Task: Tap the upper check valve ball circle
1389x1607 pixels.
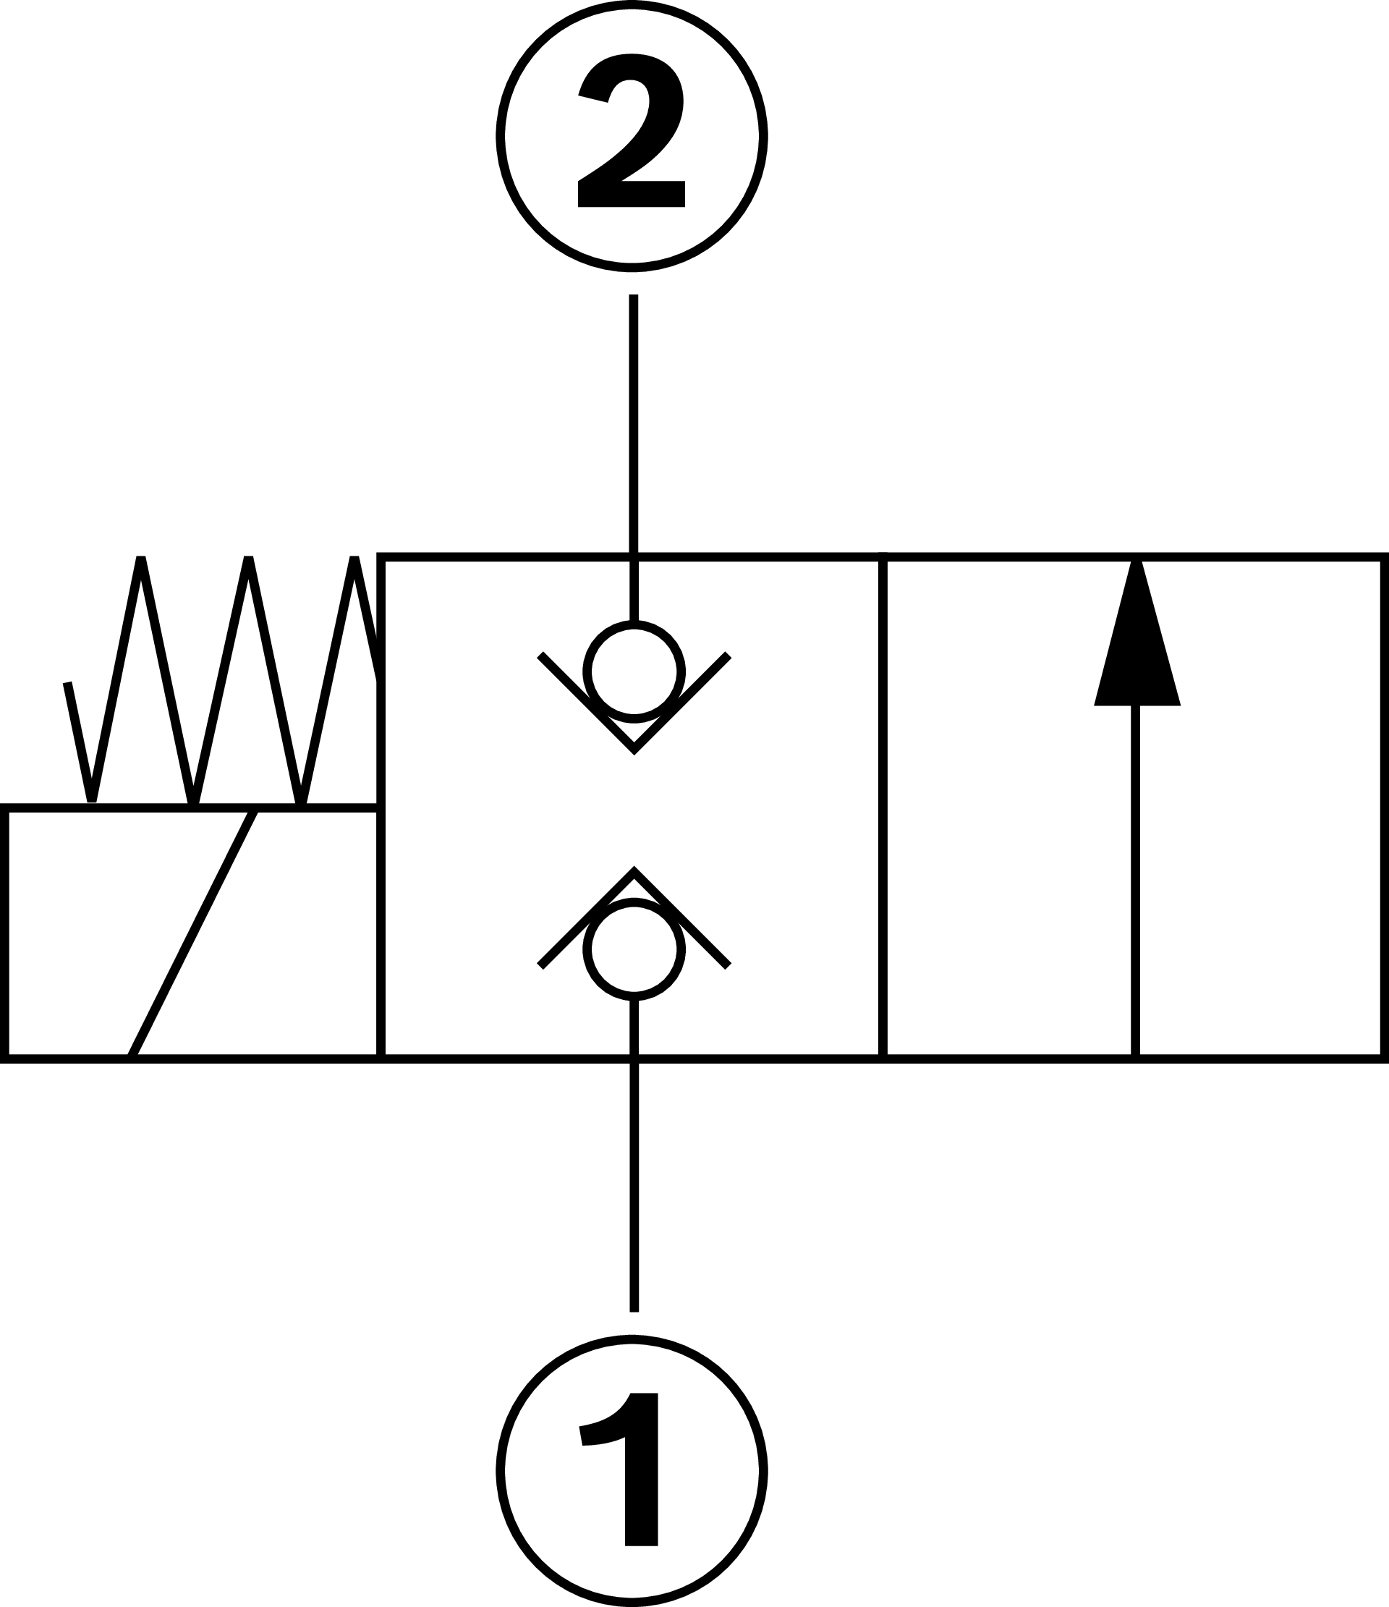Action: coord(634,671)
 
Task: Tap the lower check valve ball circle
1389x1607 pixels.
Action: coord(634,949)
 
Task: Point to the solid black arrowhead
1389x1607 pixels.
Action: coord(1137,651)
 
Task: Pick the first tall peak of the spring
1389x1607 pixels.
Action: coord(140,560)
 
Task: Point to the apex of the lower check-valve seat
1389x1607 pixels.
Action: coord(634,871)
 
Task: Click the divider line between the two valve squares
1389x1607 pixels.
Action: coord(883,807)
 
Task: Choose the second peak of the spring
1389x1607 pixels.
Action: coord(248,560)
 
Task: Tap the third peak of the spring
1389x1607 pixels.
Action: coord(354,560)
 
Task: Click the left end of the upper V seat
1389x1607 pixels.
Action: coord(541,656)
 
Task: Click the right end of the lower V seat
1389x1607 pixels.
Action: coord(728,967)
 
